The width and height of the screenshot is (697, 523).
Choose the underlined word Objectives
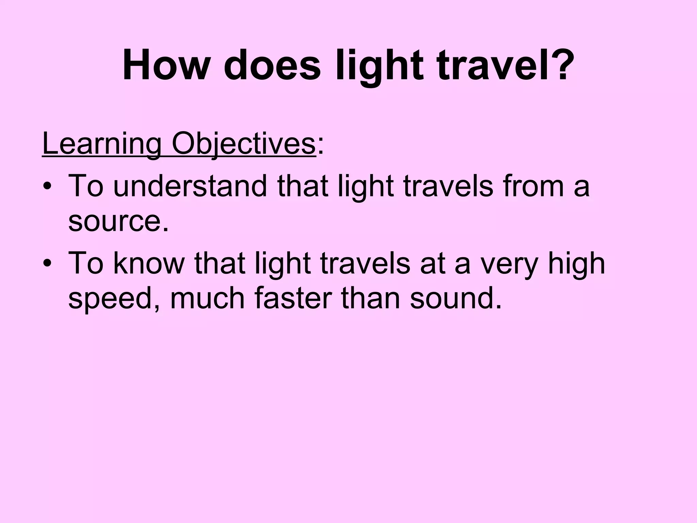tap(244, 145)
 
